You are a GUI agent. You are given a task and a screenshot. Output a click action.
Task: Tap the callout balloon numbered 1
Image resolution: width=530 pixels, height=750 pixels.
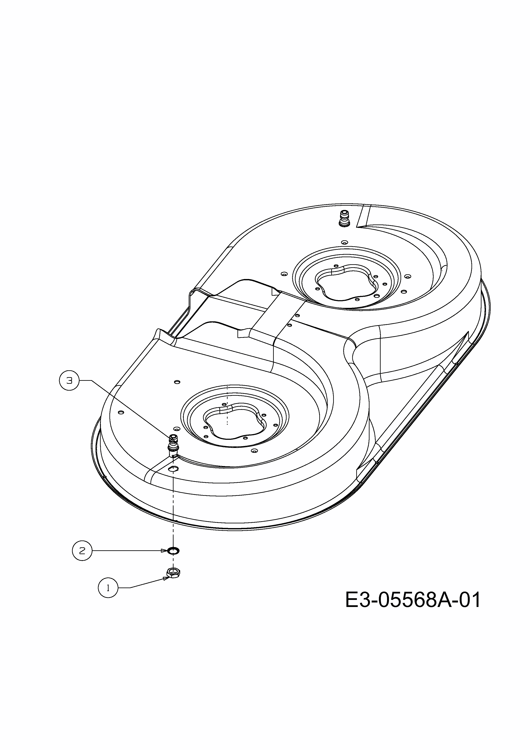[108, 588]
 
